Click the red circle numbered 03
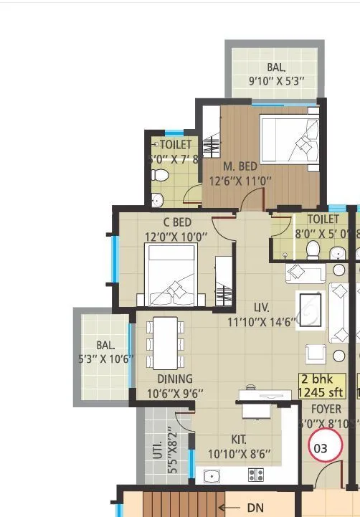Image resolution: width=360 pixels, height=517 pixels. click(x=321, y=448)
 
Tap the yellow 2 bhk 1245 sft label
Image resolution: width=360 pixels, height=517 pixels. click(x=321, y=386)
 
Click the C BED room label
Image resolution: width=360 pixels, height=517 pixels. click(x=177, y=222)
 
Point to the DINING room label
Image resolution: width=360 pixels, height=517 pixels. click(x=175, y=379)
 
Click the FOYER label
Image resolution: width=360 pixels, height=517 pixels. click(x=326, y=409)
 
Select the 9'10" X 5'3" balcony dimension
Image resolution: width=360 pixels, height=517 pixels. click(x=276, y=81)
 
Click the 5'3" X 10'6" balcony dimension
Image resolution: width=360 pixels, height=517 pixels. click(x=105, y=359)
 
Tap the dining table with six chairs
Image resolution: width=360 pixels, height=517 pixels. click(x=165, y=343)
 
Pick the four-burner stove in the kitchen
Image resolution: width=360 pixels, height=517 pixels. click(x=255, y=475)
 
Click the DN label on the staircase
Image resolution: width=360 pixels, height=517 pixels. click(x=255, y=508)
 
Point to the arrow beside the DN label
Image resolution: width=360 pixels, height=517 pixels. click(x=233, y=508)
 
